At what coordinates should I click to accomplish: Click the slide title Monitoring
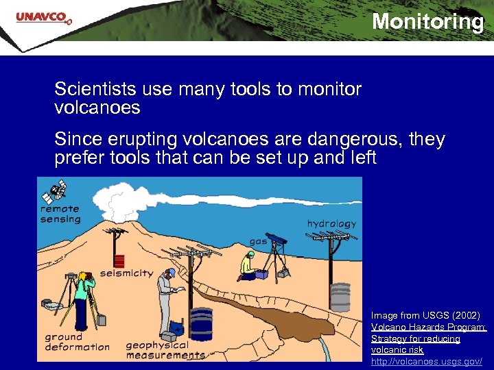[427, 22]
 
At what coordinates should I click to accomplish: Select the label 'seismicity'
[127, 273]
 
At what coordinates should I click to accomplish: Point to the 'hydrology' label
[331, 223]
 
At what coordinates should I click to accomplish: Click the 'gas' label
[258, 241]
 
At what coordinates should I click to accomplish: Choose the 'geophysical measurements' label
[165, 349]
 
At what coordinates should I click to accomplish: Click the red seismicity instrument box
[119, 261]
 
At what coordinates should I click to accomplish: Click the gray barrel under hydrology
[340, 297]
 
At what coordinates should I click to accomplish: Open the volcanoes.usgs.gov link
[426, 360]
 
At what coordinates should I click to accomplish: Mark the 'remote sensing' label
[60, 214]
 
